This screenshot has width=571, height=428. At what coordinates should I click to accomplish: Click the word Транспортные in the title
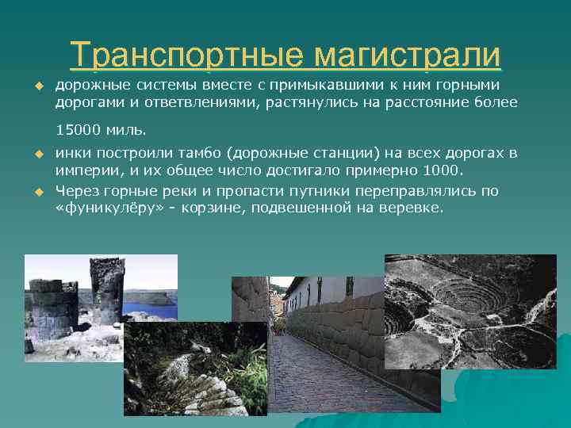186,55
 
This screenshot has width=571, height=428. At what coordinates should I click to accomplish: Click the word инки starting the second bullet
70,153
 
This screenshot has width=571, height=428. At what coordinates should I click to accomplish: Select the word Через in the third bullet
75,191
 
